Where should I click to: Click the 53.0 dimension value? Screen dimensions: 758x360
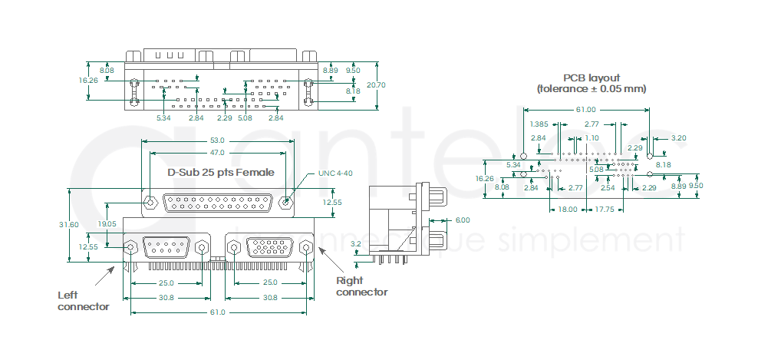tap(217, 140)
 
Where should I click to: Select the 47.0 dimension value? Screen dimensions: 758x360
tap(217, 153)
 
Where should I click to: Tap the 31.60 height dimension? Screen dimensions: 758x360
tap(69, 225)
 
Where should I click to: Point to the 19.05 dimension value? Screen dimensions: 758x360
tap(107, 224)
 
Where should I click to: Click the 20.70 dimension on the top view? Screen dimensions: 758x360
tap(376, 85)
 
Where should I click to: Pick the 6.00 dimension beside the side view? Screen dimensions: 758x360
tap(463, 220)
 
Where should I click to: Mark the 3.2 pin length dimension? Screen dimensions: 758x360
tap(355, 244)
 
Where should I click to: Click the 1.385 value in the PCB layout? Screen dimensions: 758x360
tap(539, 124)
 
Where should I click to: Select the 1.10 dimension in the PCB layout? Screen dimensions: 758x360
tap(592, 138)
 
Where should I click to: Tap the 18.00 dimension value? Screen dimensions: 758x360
tap(568, 210)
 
